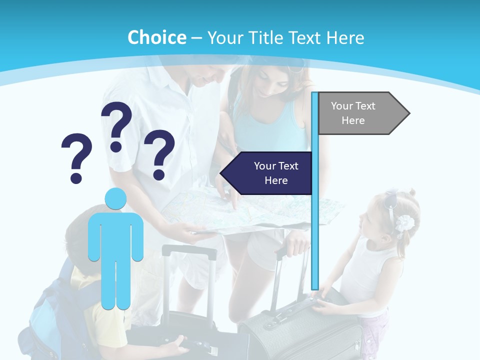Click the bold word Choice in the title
point(156,37)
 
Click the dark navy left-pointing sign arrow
point(267,173)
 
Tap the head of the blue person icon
point(115,198)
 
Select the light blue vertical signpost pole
point(315,225)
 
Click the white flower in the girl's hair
point(404,222)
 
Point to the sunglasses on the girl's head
point(391,200)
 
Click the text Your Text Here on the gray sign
point(353,113)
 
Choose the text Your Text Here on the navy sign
point(276,173)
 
